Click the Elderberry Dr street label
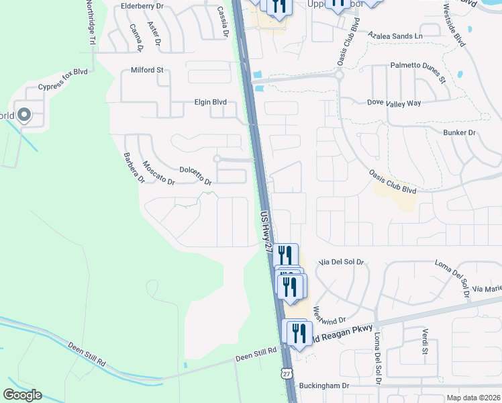(142, 6)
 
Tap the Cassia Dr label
(223, 21)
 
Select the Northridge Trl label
(89, 22)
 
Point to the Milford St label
(147, 70)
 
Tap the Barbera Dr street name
(134, 168)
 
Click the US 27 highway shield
(287, 373)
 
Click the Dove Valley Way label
(394, 103)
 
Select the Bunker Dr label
(459, 133)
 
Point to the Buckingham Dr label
(325, 386)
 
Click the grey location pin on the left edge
(24, 116)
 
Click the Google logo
(23, 395)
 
